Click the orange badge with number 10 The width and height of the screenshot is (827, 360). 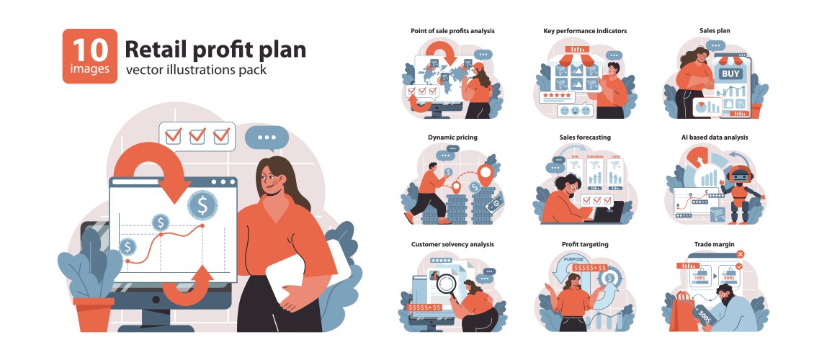89,56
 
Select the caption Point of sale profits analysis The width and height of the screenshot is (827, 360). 452,31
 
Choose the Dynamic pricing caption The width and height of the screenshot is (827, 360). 452,137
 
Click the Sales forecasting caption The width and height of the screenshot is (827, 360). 585,137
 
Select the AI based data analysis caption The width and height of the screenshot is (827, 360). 715,137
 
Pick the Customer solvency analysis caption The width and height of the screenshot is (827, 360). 452,244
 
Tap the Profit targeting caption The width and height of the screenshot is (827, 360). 585,244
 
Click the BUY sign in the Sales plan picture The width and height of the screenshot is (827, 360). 730,73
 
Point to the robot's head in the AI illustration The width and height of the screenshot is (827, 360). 739,176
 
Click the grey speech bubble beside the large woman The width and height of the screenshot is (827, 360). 267,137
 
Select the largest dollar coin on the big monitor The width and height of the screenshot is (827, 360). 202,206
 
